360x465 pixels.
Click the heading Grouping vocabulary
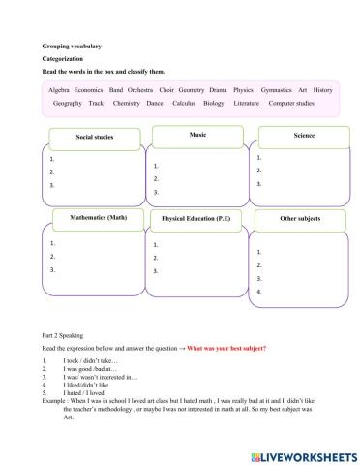point(73,46)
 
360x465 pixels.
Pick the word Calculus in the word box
point(184,103)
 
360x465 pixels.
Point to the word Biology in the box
point(213,103)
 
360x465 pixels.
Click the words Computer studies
point(290,103)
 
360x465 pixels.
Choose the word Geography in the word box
point(68,103)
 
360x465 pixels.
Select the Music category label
point(197,134)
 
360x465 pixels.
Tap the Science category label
point(304,135)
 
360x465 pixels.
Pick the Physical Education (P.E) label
point(197,219)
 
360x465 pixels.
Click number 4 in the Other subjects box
point(257,291)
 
